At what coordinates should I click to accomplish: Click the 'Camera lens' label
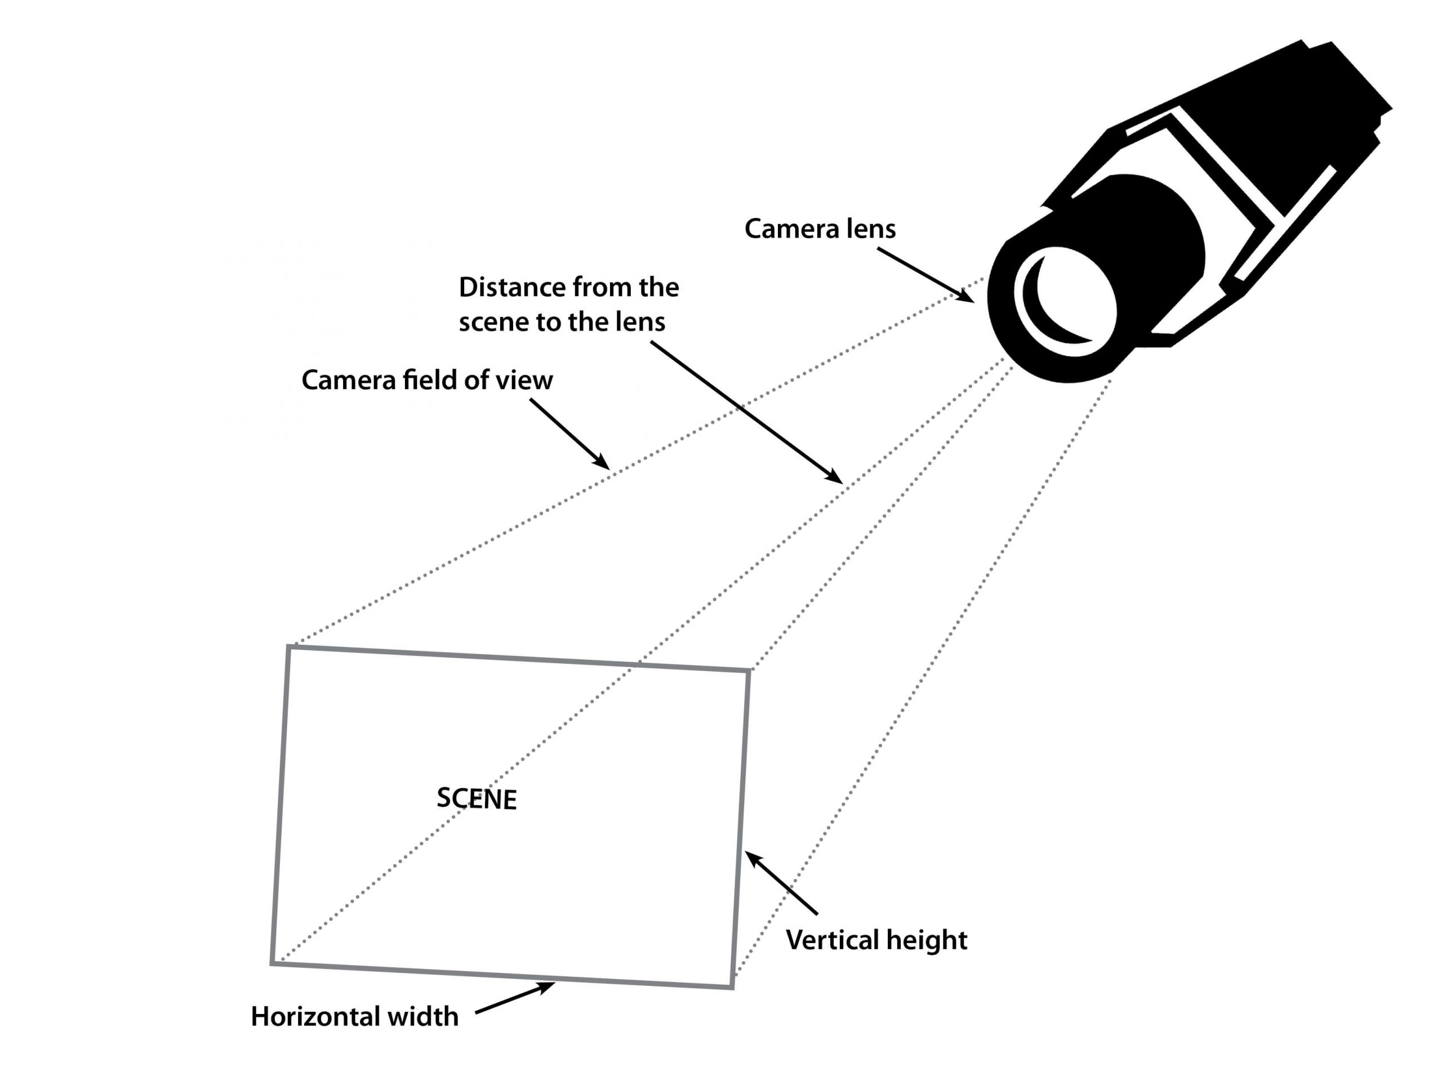point(820,229)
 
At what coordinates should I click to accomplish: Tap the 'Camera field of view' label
point(427,381)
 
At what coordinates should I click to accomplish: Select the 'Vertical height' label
point(876,940)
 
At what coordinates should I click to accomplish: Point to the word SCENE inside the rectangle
point(477,799)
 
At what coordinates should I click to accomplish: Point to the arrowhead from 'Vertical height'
point(753,858)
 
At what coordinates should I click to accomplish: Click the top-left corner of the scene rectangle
point(289,647)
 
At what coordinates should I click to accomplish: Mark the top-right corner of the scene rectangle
point(749,671)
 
